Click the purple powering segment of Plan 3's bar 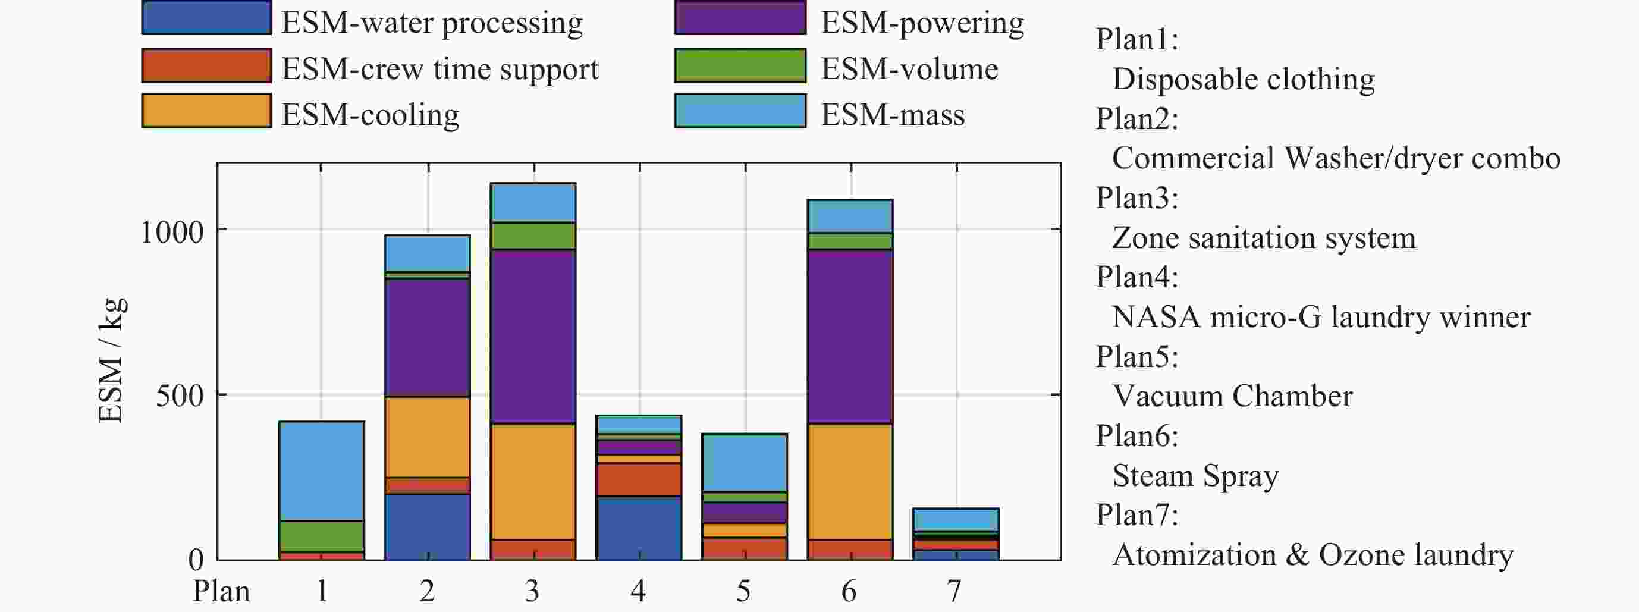tap(533, 337)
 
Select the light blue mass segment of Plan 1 tap(321, 471)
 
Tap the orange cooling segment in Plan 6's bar tap(850, 482)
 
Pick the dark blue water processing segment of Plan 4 tap(639, 528)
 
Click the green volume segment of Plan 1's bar tap(321, 536)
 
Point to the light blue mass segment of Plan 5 tap(745, 463)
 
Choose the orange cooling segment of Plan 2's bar tap(428, 437)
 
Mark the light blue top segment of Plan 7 tap(956, 519)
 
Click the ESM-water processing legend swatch tap(206, 18)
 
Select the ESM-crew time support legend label tap(439, 69)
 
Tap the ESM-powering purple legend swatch tap(740, 18)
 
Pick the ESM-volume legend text tap(909, 69)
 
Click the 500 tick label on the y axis tap(180, 396)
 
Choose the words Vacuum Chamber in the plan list tap(1232, 396)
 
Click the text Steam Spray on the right tap(1195, 476)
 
